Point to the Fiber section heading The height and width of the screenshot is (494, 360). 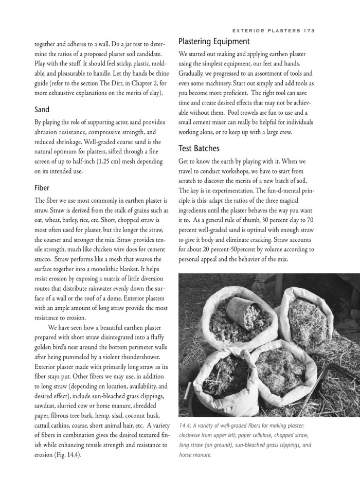tap(42, 188)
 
